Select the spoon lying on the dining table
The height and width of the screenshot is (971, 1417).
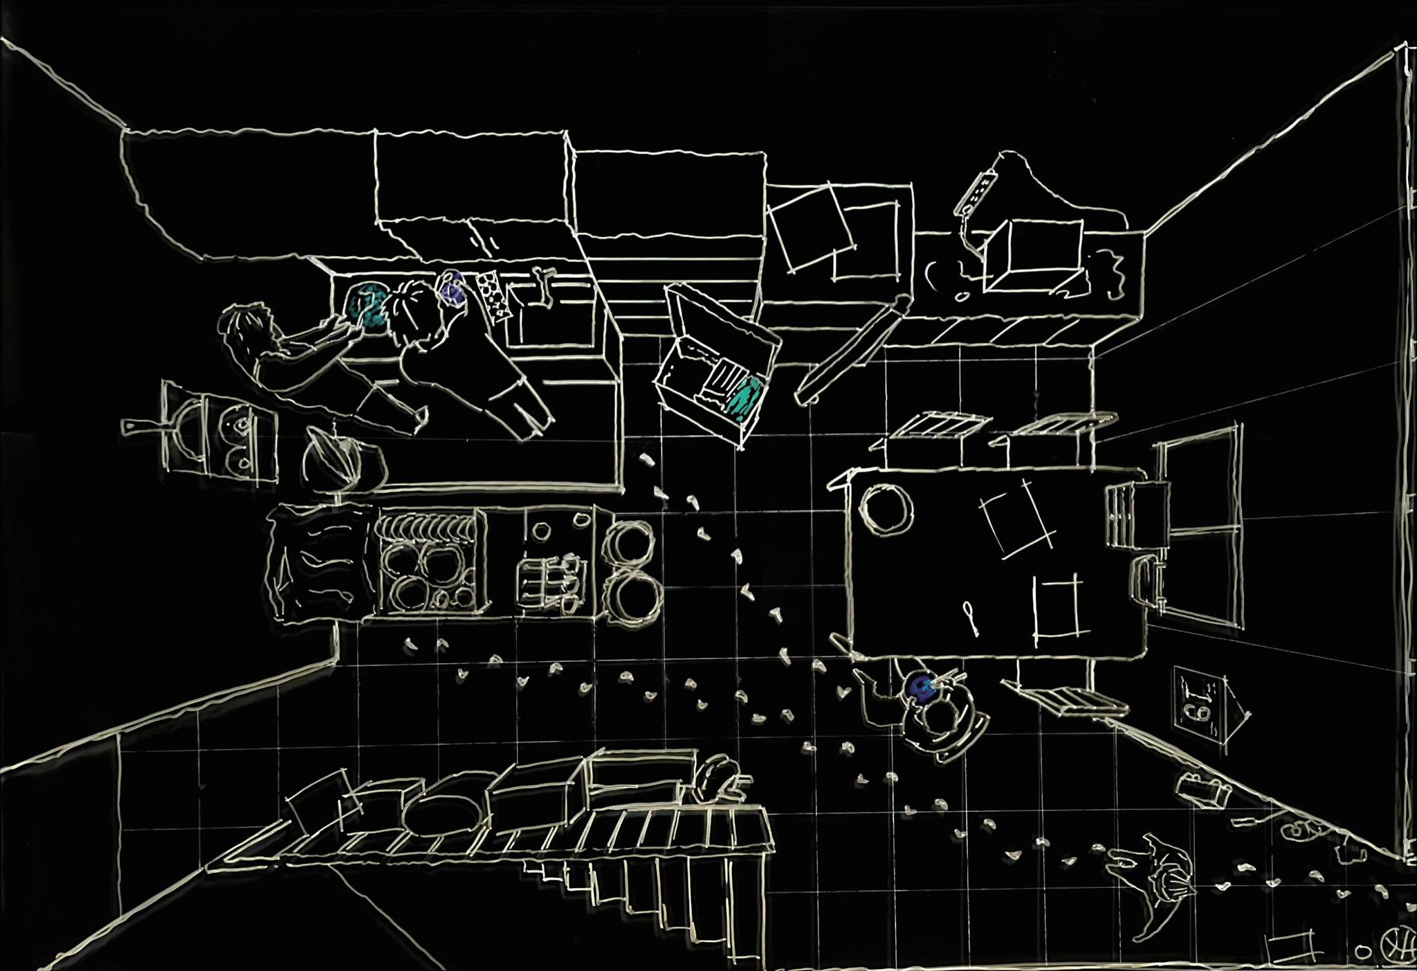[x=971, y=618]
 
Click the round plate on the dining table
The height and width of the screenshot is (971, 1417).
[x=886, y=509]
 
